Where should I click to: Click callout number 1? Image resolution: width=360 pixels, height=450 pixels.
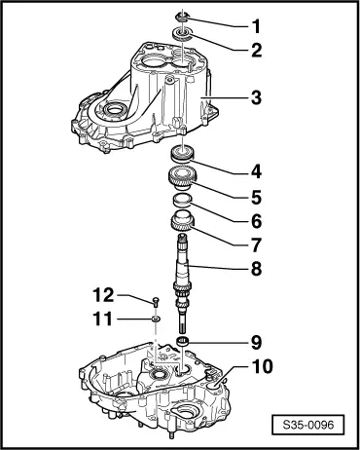click(x=257, y=26)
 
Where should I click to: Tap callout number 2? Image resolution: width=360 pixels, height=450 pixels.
click(x=257, y=51)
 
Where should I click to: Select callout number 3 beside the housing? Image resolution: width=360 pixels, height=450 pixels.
click(x=257, y=97)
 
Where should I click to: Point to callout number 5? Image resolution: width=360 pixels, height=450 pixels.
click(x=257, y=197)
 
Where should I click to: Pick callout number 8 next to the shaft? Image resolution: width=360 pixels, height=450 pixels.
click(x=257, y=269)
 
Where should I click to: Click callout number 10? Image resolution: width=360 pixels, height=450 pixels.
click(x=263, y=366)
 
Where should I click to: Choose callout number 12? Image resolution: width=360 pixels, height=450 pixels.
click(x=103, y=295)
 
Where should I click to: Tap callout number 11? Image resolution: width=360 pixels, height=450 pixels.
click(x=102, y=319)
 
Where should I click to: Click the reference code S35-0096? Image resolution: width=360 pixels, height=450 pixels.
click(x=308, y=425)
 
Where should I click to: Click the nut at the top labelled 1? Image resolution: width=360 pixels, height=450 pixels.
click(x=183, y=17)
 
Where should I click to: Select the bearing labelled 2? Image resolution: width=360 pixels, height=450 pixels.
click(x=182, y=35)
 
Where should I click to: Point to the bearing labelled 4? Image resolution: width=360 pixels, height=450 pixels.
click(x=183, y=154)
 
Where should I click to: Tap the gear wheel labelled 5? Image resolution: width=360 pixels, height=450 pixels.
click(x=181, y=179)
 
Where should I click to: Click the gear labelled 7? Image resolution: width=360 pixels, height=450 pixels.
click(x=182, y=221)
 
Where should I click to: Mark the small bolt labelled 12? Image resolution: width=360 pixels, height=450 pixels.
click(x=156, y=301)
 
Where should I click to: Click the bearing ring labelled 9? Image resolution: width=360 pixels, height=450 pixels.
click(x=183, y=342)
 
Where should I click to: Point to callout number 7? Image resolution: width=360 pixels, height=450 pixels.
click(x=257, y=245)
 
